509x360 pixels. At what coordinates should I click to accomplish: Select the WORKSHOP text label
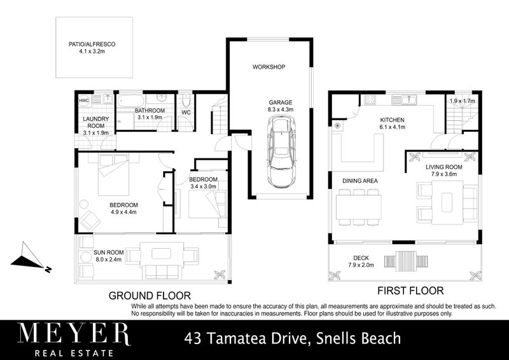(x=268, y=67)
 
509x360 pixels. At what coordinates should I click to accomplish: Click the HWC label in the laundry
(x=84, y=101)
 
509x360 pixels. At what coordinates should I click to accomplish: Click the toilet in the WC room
(x=186, y=102)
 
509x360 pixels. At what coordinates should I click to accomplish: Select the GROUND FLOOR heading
(x=150, y=295)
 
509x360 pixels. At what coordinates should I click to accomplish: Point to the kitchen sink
(x=405, y=99)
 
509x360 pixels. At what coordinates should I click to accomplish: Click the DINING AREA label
(x=360, y=181)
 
